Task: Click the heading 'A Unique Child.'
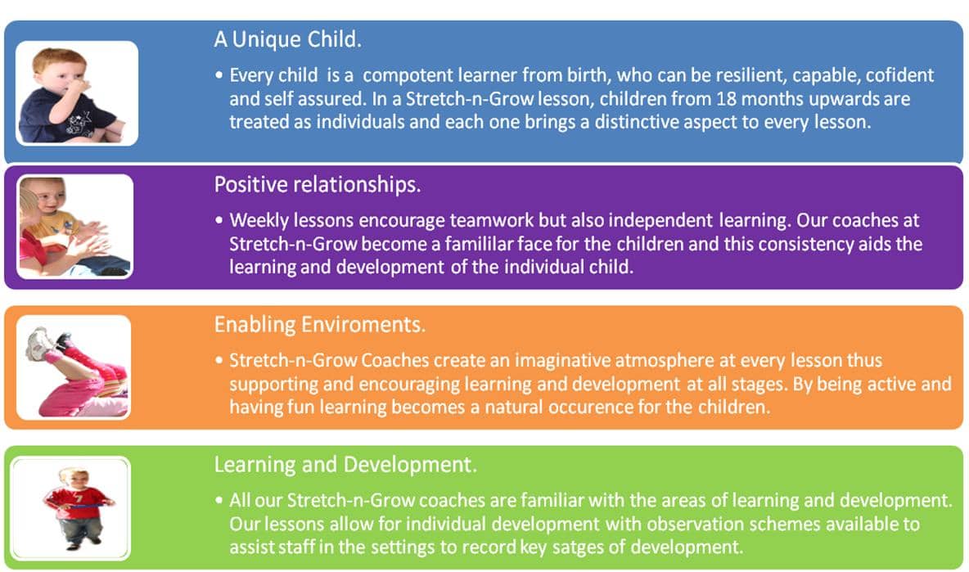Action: pos(287,39)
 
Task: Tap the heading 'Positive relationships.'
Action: pos(317,185)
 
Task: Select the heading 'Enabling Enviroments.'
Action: pos(319,325)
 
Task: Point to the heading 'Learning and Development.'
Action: pos(345,465)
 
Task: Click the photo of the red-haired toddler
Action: pos(77,93)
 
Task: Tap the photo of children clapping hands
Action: pos(74,226)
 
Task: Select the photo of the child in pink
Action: pos(74,367)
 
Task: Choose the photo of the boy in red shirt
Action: pos(70,508)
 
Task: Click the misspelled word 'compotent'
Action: pos(408,76)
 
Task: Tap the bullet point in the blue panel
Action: pos(219,75)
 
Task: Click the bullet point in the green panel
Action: pos(219,500)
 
